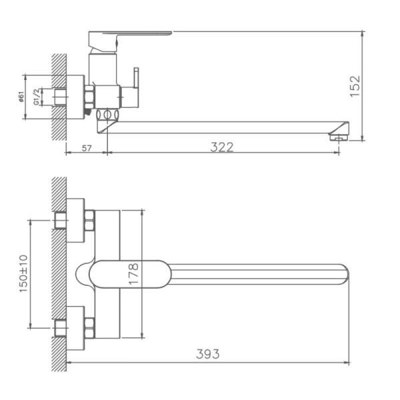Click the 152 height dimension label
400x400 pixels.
coord(355,86)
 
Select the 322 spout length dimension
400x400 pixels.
coord(222,147)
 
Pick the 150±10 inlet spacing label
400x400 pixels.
coord(24,273)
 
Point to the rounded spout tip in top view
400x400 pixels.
coord(343,274)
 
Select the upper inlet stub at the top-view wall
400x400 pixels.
coord(60,220)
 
